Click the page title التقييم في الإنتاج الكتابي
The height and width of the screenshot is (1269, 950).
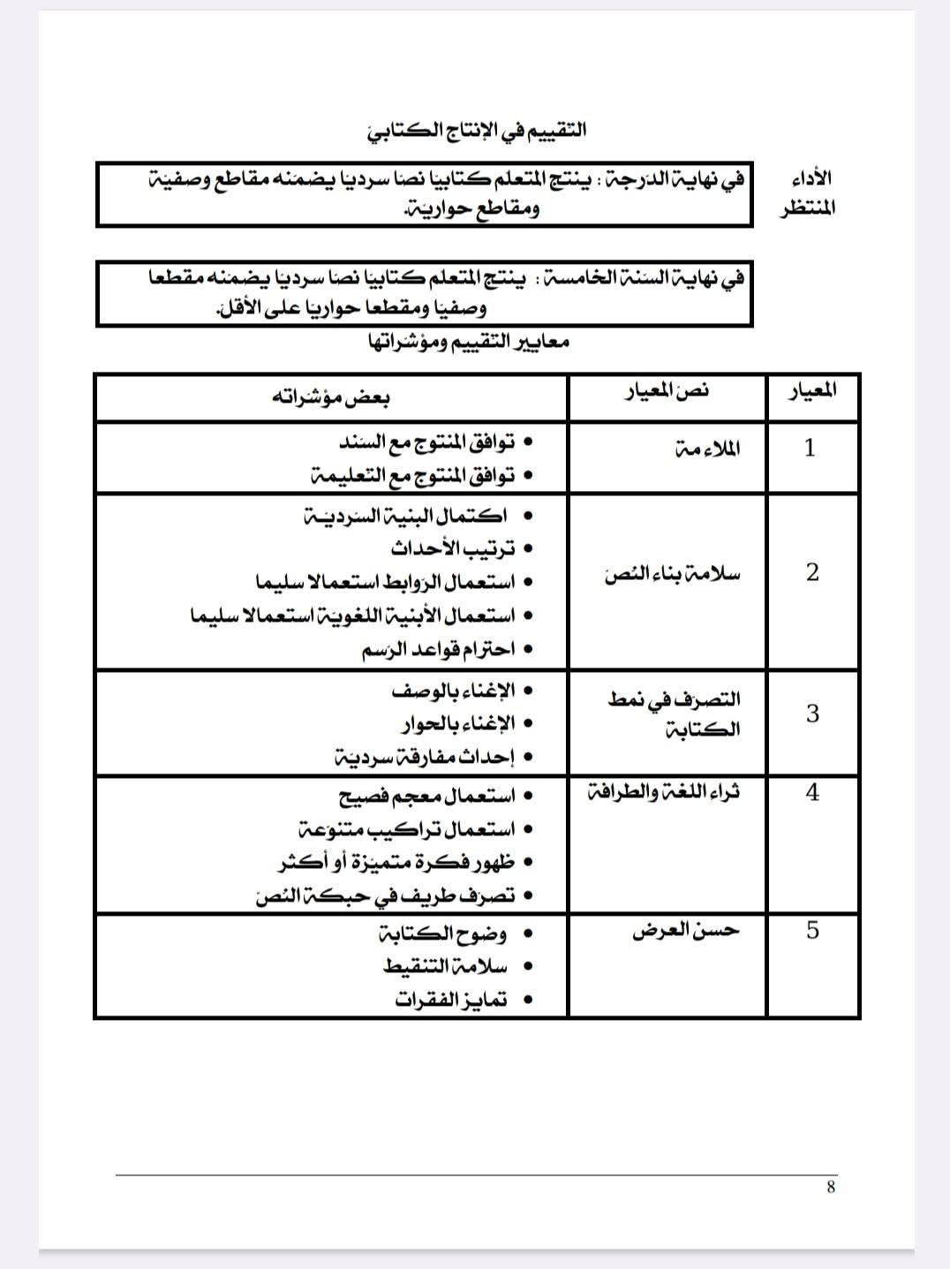pos(477,130)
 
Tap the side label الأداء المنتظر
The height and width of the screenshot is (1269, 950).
pos(808,193)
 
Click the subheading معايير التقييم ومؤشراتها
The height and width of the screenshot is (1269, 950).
pos(469,342)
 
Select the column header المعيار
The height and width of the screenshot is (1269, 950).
pos(812,390)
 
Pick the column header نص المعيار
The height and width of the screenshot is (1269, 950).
pos(667,391)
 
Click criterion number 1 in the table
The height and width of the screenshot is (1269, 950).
pos(810,448)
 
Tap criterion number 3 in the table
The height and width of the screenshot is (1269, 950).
pos(812,714)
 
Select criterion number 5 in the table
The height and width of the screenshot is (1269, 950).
pos(812,930)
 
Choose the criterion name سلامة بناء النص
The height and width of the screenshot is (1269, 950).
pos(673,575)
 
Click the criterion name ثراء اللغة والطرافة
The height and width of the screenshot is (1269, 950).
pos(664,792)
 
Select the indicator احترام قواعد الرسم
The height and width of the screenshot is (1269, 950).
pos(438,649)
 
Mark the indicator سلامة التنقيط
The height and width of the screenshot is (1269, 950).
pos(446,966)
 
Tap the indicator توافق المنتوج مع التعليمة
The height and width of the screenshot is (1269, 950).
pos(413,475)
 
